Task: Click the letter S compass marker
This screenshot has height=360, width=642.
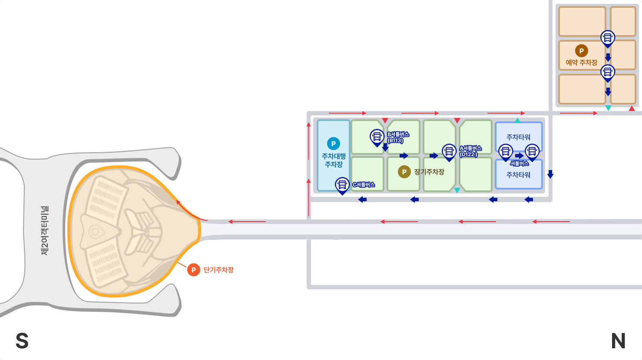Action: (22, 341)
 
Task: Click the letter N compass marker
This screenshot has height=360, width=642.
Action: (618, 341)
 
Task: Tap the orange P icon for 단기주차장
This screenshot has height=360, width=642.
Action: (193, 270)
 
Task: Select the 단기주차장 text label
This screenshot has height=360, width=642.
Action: (218, 270)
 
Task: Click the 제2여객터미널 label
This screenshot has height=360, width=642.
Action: (45, 231)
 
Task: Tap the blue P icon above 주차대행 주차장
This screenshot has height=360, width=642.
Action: (333, 143)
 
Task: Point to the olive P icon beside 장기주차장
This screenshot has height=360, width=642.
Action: (404, 172)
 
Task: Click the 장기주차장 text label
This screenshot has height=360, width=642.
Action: (429, 172)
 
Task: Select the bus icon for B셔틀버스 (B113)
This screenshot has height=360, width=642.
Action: (377, 136)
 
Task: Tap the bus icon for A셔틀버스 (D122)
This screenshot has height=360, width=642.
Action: (449, 152)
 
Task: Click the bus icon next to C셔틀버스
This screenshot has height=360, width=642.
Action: (342, 185)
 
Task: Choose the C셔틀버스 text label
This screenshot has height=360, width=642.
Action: (364, 185)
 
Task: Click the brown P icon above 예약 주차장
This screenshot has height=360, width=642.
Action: (581, 51)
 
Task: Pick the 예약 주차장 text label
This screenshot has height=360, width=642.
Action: (581, 63)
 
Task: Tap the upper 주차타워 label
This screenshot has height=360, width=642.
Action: (518, 137)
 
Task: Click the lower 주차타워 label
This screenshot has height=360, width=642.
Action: (518, 175)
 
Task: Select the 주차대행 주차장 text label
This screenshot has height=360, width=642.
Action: (334, 160)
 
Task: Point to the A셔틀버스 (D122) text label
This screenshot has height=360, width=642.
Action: (470, 152)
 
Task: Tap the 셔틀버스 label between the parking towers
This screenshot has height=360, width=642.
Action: (519, 164)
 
